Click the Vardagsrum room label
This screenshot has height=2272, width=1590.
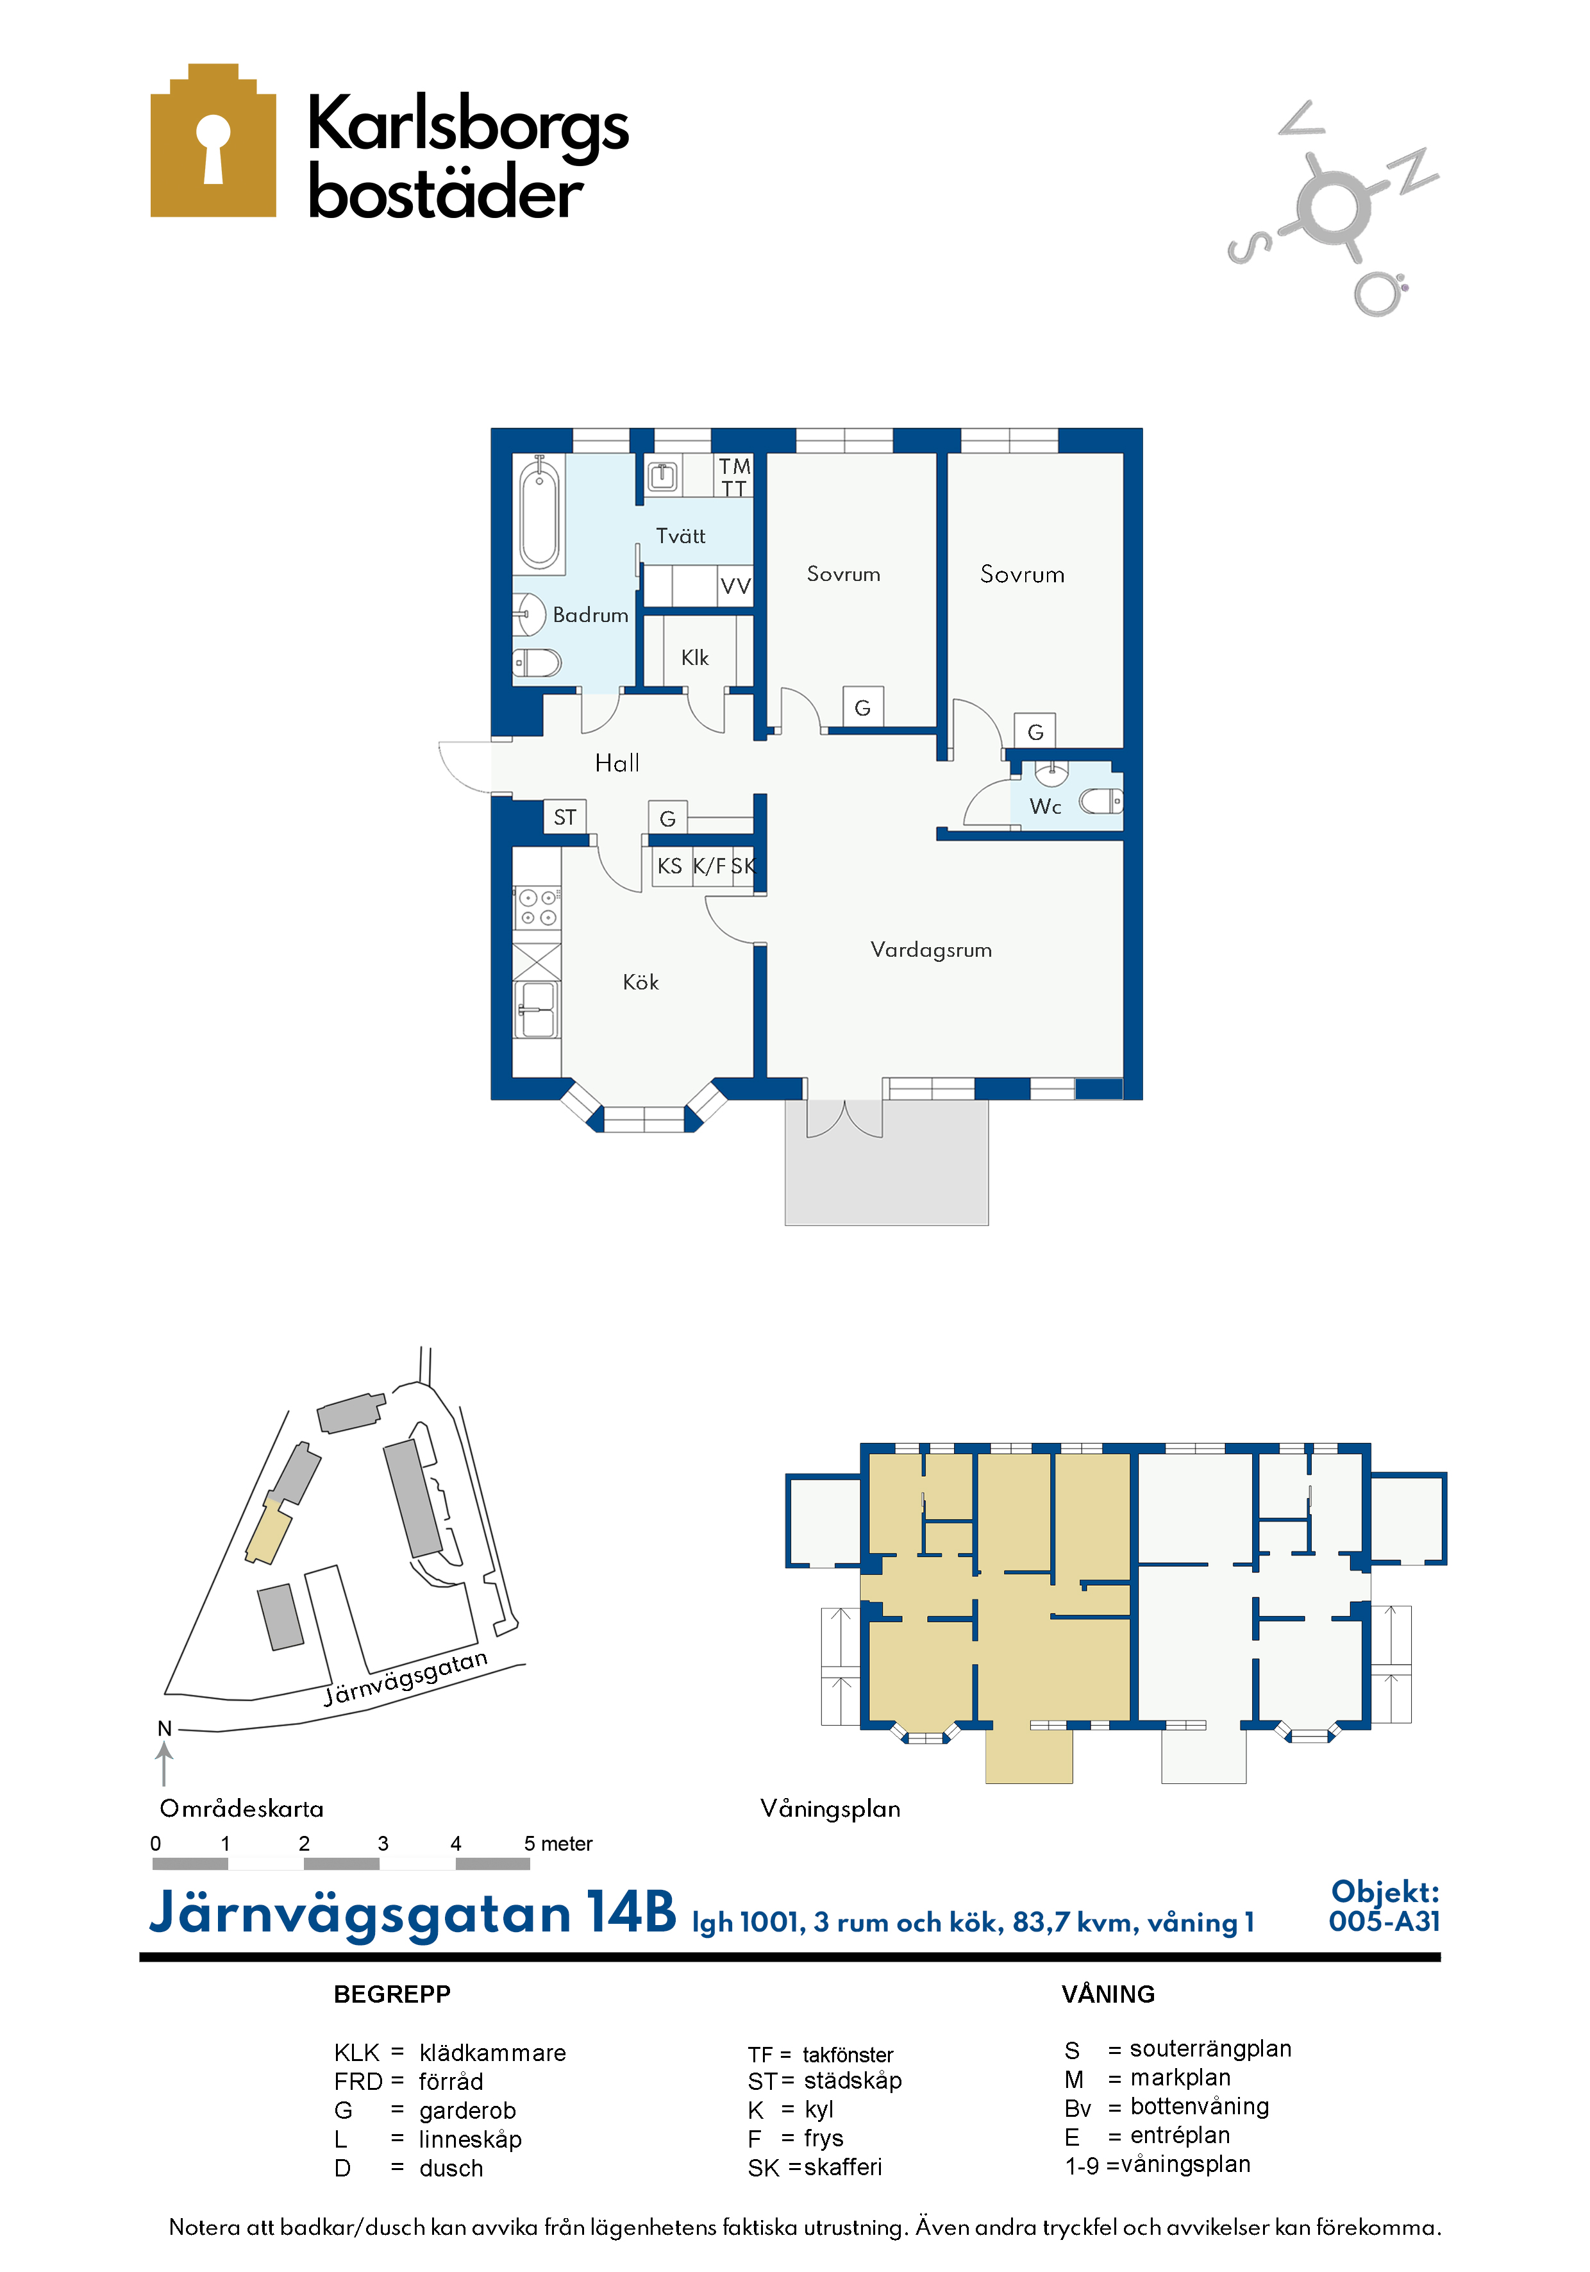coord(930,950)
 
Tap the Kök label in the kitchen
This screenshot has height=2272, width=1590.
coord(640,982)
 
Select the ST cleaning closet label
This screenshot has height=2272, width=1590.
coord(564,818)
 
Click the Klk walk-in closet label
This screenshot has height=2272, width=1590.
coord(694,658)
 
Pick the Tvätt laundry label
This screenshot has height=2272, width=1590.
coord(681,536)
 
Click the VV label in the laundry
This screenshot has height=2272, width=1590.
coord(735,586)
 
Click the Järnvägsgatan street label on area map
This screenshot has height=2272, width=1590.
coord(406,1678)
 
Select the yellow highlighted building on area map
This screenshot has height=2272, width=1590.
coord(268,1531)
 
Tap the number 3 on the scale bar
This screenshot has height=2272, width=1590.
coord(383,1844)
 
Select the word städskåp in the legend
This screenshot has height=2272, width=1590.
coord(853,2080)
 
